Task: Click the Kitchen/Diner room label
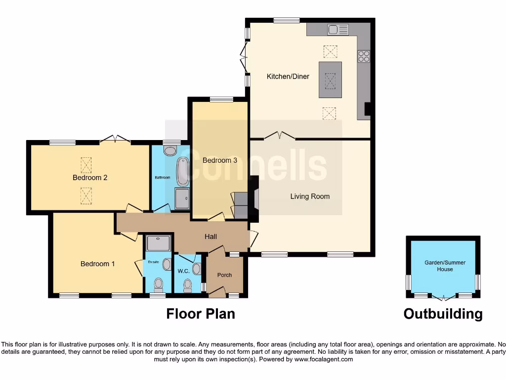coord(288,76)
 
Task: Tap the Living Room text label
coord(309,196)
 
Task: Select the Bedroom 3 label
coord(220,160)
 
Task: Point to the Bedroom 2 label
coord(90,178)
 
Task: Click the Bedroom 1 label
coord(97,264)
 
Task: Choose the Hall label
coord(211,237)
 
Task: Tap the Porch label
coord(224,275)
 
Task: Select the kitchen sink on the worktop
coord(337,29)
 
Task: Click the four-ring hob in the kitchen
coord(364,56)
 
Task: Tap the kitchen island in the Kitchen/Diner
coord(330,80)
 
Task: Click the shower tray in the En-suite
coord(158,243)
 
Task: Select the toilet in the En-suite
coord(158,284)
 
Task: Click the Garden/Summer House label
coord(445,266)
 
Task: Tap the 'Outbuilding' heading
coord(443,314)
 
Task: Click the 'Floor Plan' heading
coord(200,314)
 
